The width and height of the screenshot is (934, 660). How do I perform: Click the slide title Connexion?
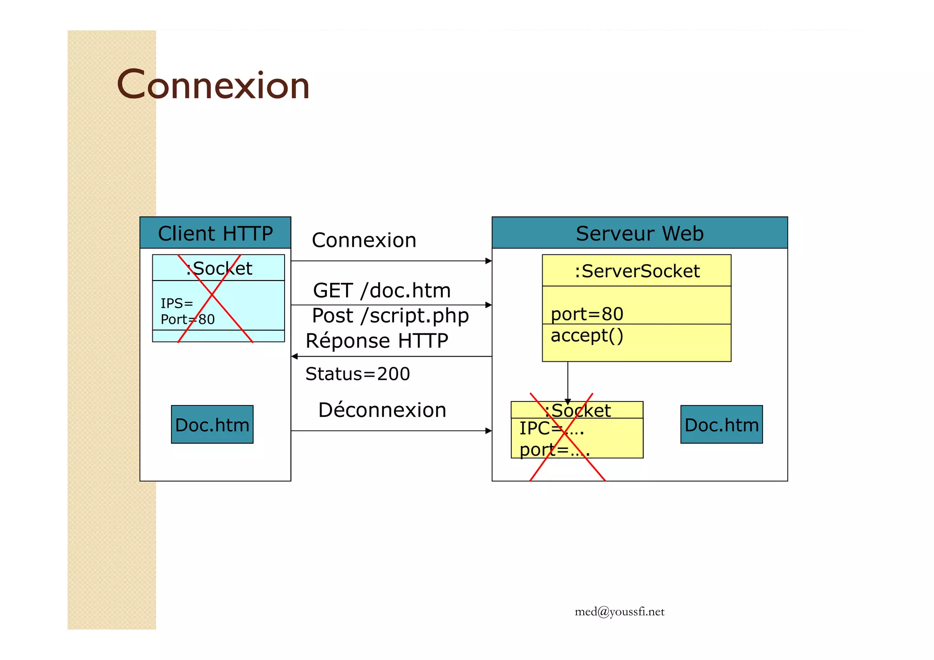coord(213,85)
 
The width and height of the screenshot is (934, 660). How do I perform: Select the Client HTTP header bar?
coord(215,233)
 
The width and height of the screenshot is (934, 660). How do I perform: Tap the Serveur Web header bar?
coord(639,233)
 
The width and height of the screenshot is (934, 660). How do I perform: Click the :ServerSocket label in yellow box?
coord(637,271)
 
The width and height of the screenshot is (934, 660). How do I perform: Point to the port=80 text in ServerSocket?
coord(587,314)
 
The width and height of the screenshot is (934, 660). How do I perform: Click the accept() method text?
coord(587,336)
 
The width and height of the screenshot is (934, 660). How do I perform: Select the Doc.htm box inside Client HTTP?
coord(212,425)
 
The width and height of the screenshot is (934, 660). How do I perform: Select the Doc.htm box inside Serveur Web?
coord(721,425)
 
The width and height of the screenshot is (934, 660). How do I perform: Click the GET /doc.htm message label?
coord(382,291)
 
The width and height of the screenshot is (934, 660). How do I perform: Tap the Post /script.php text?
coord(390,316)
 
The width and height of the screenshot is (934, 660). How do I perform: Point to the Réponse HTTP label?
coord(377,341)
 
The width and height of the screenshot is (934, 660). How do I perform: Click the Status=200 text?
coord(358,374)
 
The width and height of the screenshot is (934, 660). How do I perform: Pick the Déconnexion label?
coord(382,410)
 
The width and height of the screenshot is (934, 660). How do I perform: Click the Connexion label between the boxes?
coord(364,240)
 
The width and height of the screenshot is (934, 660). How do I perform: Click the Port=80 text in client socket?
coord(187,319)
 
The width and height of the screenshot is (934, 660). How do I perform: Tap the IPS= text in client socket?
coord(177,303)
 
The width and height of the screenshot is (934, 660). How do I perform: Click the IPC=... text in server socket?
coord(551,428)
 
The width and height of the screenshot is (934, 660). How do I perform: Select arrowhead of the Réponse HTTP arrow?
coord(295,356)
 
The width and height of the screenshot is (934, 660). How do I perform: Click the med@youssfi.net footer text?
coord(619,612)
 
